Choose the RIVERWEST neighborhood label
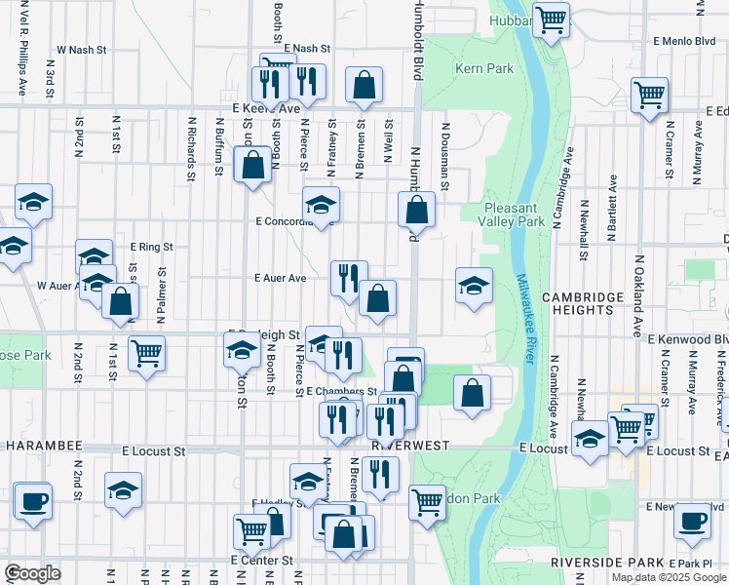click(x=409, y=446)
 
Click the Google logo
click(x=32, y=573)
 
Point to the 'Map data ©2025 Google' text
click(x=668, y=577)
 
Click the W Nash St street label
click(x=80, y=49)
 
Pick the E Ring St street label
click(x=151, y=248)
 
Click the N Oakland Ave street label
click(x=639, y=292)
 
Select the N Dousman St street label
click(x=443, y=155)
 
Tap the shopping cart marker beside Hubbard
click(x=553, y=19)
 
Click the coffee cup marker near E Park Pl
click(x=692, y=521)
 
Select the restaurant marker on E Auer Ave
click(x=348, y=279)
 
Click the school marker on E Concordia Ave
click(x=321, y=205)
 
